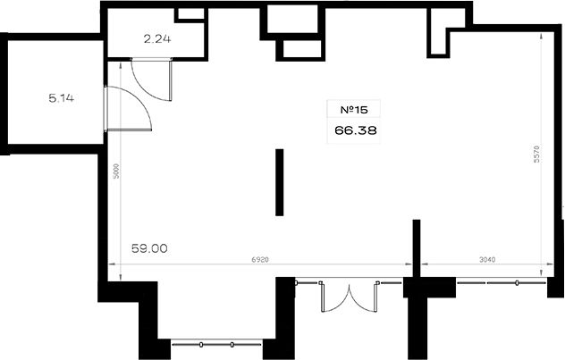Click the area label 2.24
coord(157,39)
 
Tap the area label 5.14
coord(62,98)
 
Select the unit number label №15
coord(354,110)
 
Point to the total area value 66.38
coord(355,130)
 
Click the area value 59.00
coord(149,248)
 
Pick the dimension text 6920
coord(260,259)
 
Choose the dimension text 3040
coord(487,259)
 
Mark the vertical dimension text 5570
coord(536,154)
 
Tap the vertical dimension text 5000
coord(115,172)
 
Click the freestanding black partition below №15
coord(279,182)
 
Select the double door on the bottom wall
coord(350,297)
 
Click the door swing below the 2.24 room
coord(151,79)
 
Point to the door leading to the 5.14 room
coord(128,108)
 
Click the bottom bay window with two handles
coord(216,345)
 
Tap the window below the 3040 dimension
coord(502,282)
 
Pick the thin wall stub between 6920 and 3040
coord(417,248)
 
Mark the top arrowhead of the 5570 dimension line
coord(541,35)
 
